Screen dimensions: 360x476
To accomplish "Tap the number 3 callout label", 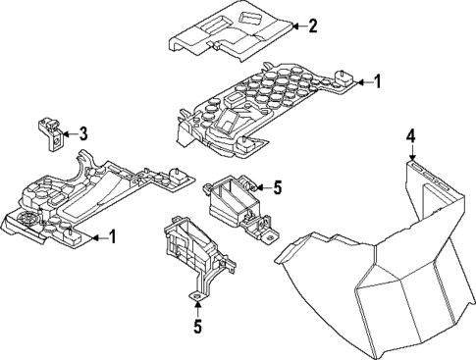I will pos(83,132).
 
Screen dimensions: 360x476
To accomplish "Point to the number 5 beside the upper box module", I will pos(278,185).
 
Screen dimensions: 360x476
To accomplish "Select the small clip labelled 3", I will pos(50,129).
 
